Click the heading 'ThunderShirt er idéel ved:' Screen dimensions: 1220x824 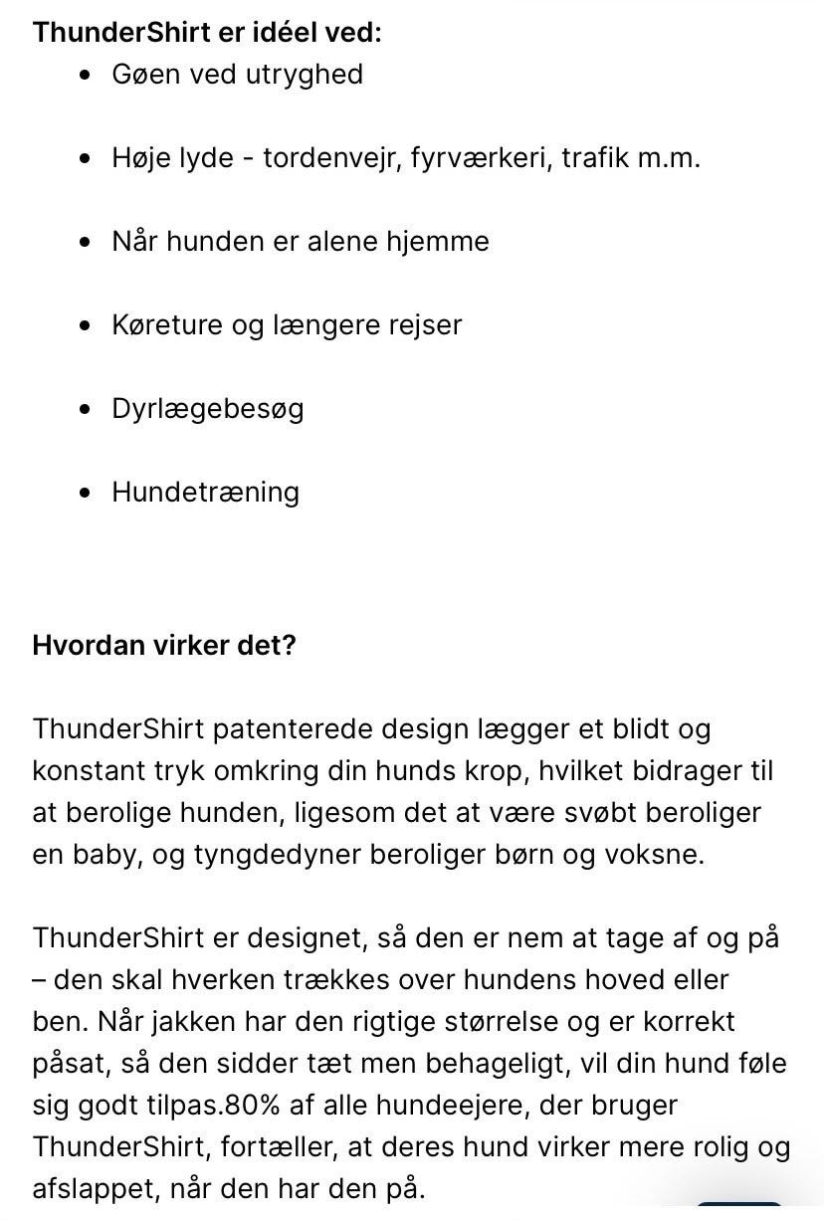[x=207, y=32]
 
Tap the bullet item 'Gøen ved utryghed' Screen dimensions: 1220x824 [x=237, y=75]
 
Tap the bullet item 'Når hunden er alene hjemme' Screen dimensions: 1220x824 [x=300, y=242]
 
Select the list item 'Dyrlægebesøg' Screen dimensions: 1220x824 [x=207, y=409]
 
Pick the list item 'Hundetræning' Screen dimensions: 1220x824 [x=205, y=493]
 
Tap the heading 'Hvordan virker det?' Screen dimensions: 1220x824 [x=164, y=645]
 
